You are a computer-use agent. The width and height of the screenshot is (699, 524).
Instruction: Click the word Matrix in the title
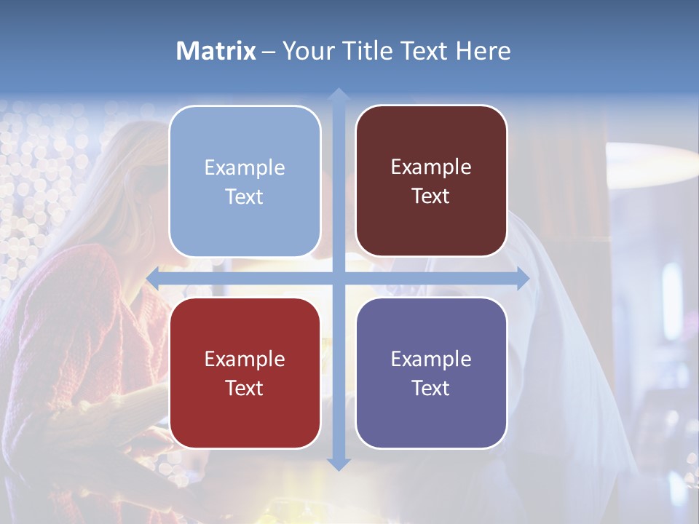[x=216, y=51]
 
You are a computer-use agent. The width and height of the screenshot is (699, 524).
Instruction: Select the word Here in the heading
[x=483, y=51]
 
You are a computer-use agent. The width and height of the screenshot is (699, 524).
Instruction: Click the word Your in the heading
[x=307, y=51]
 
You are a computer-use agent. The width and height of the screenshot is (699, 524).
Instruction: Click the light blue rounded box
[x=245, y=181]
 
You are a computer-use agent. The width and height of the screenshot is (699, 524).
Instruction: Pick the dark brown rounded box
[x=431, y=181]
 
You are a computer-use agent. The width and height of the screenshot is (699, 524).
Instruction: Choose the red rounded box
[x=245, y=373]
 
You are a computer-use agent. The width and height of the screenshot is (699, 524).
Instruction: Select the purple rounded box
[x=431, y=373]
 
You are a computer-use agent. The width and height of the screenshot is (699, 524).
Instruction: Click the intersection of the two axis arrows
[x=338, y=278]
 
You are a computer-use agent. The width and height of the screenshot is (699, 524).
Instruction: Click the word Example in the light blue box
[x=245, y=168]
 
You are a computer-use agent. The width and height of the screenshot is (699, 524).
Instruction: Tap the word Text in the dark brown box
[x=431, y=196]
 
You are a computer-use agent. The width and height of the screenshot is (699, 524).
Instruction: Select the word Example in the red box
[x=245, y=359]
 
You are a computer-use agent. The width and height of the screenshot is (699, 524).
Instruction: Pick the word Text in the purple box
[x=431, y=388]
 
